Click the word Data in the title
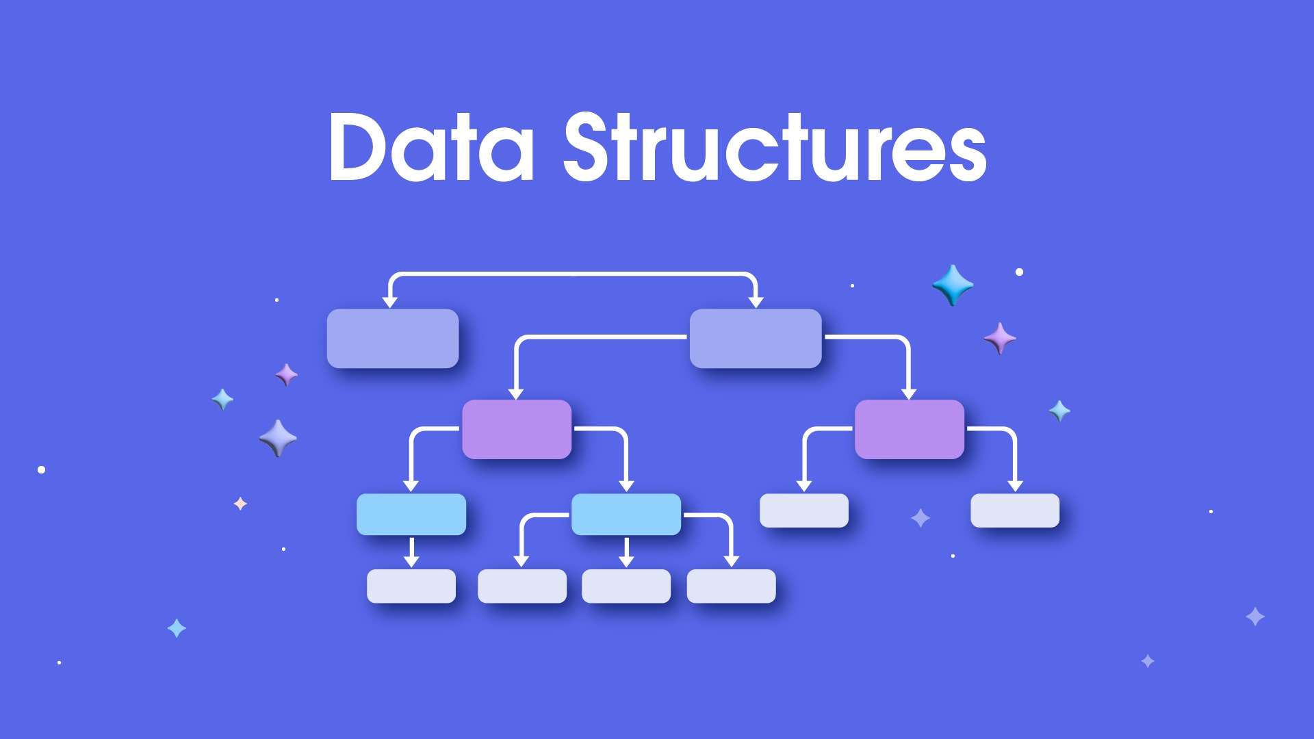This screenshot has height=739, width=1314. pos(431,146)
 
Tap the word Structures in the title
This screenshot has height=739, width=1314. pos(775,146)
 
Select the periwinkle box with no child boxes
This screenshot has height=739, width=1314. pos(393,339)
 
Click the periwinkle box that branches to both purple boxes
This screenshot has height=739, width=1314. pos(756,339)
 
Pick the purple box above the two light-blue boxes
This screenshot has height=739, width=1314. pos(517,429)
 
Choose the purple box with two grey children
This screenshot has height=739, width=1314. pos(910,429)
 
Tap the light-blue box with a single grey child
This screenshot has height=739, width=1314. pos(411,515)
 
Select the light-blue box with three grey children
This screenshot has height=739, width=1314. pos(626,515)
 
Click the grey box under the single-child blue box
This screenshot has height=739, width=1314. pos(411,586)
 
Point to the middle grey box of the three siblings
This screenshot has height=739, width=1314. pos(626,586)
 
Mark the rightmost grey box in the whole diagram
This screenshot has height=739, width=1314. pos(1015,510)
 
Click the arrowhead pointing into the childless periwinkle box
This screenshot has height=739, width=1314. pos(390,302)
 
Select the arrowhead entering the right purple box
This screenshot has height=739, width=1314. pos(909,394)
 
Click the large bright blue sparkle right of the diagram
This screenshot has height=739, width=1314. pos(953,285)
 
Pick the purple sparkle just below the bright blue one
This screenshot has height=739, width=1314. pos(1000,338)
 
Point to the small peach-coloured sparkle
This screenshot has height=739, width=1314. pos(240,504)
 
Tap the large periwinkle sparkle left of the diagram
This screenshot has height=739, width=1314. pos(278,438)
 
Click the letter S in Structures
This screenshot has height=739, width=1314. pos(588,146)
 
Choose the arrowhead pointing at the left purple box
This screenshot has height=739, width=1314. pos(516,394)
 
